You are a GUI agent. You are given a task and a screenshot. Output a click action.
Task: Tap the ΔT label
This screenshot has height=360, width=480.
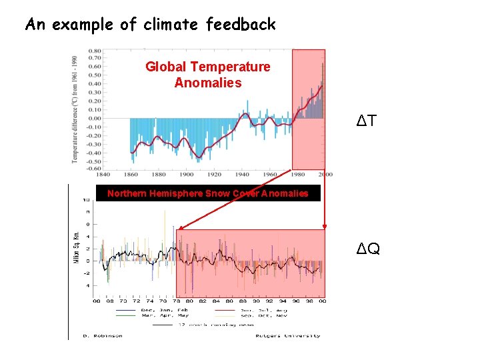tap(367, 121)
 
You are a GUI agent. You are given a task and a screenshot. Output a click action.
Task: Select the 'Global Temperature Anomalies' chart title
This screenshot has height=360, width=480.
tap(208, 75)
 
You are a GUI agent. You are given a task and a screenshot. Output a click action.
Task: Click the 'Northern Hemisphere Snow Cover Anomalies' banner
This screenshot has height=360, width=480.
tap(208, 193)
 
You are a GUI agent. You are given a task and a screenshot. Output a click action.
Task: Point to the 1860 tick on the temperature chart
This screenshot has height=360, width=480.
tap(130, 175)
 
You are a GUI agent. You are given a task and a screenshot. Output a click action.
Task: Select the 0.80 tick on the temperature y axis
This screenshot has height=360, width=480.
tap(95, 51)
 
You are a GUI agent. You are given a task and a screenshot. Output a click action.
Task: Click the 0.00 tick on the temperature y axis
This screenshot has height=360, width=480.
tap(95, 118)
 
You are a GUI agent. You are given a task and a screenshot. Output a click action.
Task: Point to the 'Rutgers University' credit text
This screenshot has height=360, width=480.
tap(287, 335)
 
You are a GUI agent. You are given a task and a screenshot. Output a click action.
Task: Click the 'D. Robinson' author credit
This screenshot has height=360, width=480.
tap(103, 335)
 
